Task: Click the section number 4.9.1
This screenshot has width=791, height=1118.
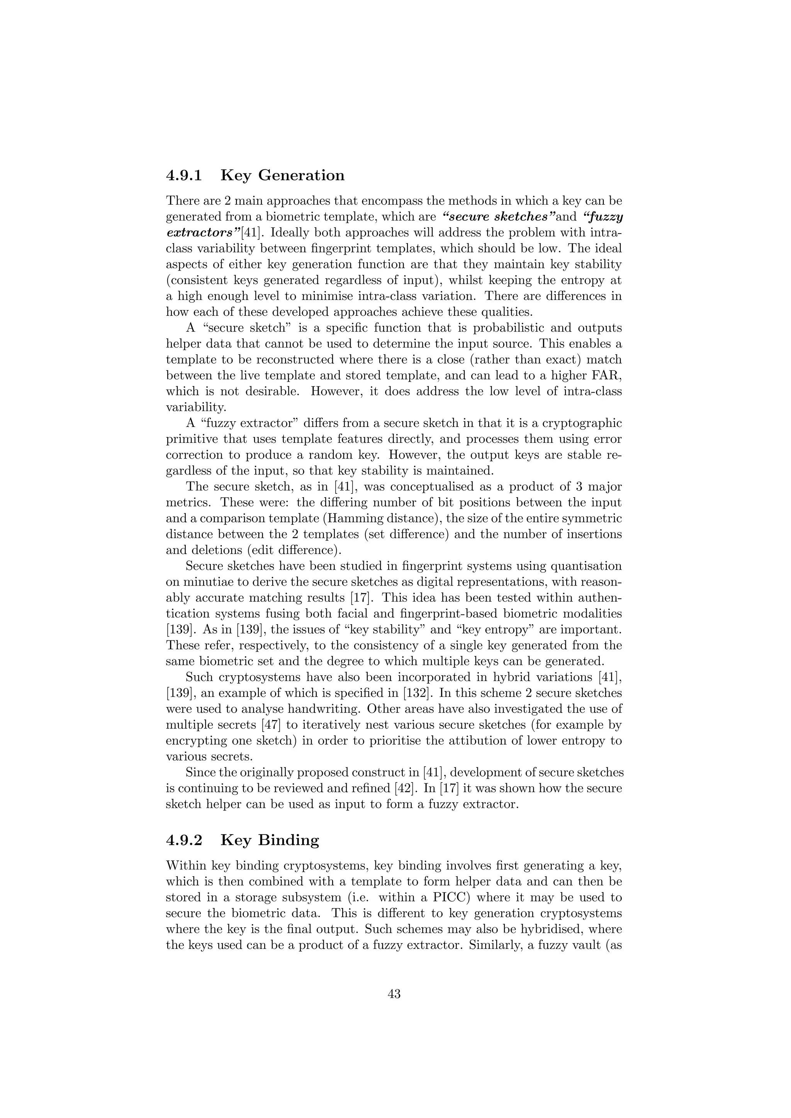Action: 184,175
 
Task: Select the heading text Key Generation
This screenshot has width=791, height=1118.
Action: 282,175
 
